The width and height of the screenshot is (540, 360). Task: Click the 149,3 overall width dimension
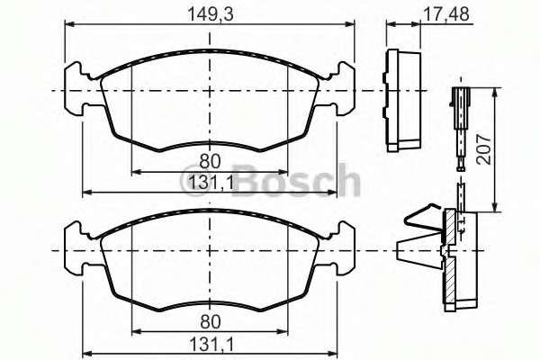click(209, 13)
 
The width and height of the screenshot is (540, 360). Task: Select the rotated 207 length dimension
click(509, 149)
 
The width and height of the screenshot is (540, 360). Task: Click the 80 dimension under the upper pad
click(209, 162)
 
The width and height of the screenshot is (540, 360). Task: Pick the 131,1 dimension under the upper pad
click(209, 183)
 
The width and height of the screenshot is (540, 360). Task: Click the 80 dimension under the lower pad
click(209, 319)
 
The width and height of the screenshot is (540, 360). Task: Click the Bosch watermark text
click(297, 182)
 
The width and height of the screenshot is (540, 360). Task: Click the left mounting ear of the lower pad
click(81, 249)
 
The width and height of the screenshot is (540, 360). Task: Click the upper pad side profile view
click(404, 99)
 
